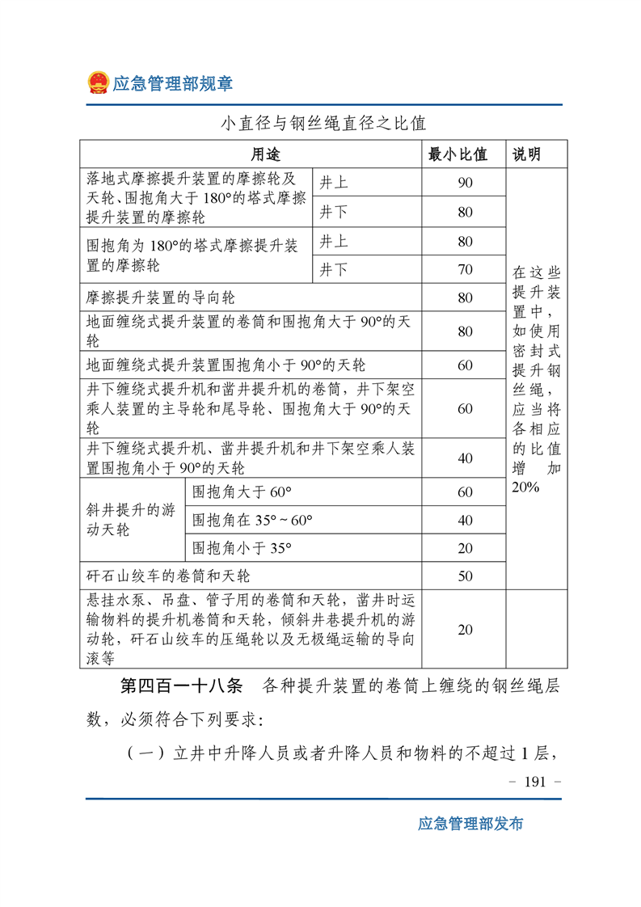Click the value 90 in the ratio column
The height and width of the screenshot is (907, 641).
(x=465, y=183)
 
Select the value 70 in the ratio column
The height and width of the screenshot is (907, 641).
(x=465, y=270)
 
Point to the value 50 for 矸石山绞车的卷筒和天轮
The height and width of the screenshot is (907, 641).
(x=465, y=576)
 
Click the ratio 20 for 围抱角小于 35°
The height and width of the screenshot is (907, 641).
(x=465, y=548)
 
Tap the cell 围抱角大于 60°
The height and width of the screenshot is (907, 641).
(x=241, y=491)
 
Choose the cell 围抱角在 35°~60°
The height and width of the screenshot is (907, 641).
(x=252, y=520)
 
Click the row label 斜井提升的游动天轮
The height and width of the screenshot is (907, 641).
(x=130, y=521)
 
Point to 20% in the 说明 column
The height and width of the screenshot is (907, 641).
(x=526, y=487)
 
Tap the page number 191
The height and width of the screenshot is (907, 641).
(x=536, y=782)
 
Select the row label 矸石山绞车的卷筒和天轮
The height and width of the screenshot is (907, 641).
(x=168, y=576)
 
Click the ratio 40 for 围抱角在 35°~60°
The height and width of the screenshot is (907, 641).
(x=465, y=520)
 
